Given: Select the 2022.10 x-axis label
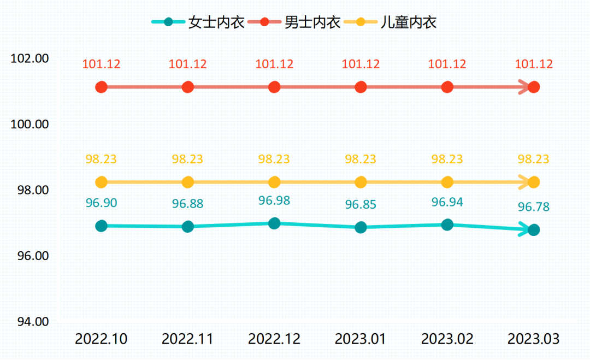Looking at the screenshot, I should (101, 339).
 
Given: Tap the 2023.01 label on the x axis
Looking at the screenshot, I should (361, 339).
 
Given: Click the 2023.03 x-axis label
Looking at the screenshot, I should (534, 339).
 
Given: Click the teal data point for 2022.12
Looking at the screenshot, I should (274, 223).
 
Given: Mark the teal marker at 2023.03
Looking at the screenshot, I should (534, 230).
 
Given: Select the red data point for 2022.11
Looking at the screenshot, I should (188, 87).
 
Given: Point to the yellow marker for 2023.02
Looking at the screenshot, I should (447, 182).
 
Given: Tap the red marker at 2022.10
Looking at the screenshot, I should (101, 87).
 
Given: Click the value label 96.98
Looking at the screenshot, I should (274, 200).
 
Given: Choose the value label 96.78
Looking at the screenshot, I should (534, 207).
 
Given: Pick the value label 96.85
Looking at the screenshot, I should (361, 205).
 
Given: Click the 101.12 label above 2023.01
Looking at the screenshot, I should (361, 64).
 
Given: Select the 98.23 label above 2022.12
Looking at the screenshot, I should (274, 159).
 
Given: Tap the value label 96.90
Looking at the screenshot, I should (101, 203).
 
